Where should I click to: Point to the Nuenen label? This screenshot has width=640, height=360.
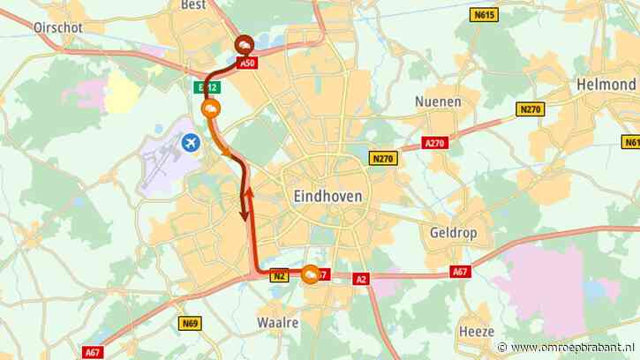438,101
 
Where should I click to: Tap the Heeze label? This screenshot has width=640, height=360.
476,331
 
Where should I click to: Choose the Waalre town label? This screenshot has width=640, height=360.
279,323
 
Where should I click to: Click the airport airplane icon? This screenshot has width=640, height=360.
190,141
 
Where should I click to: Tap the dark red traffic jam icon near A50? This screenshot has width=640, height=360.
244,48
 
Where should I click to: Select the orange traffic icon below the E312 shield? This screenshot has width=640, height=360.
211,109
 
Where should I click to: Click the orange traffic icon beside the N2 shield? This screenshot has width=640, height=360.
312,276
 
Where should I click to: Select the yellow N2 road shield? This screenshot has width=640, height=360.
280,275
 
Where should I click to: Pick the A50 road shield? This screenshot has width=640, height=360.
248,64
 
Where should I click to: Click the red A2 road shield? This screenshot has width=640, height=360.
360,279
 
